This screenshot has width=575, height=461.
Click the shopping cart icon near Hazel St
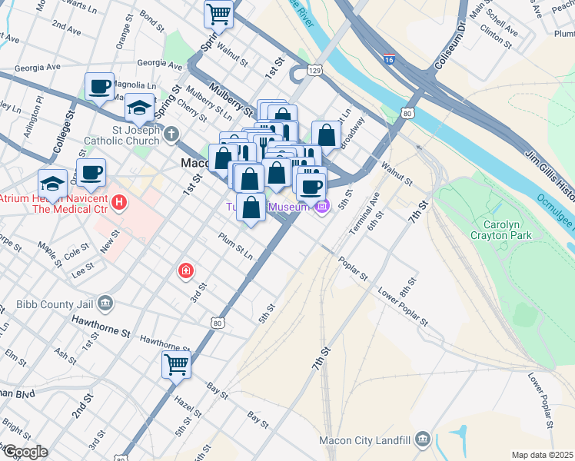coord(176,364)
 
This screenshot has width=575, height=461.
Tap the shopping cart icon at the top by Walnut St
coord(219,13)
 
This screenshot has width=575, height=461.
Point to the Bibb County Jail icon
coord(106,303)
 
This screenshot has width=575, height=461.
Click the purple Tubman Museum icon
coord(323,206)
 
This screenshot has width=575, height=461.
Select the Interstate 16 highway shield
coord(391,58)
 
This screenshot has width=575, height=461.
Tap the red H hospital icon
coord(118,203)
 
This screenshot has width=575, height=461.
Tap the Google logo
coord(25,452)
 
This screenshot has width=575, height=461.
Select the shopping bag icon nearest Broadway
coord(326,134)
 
